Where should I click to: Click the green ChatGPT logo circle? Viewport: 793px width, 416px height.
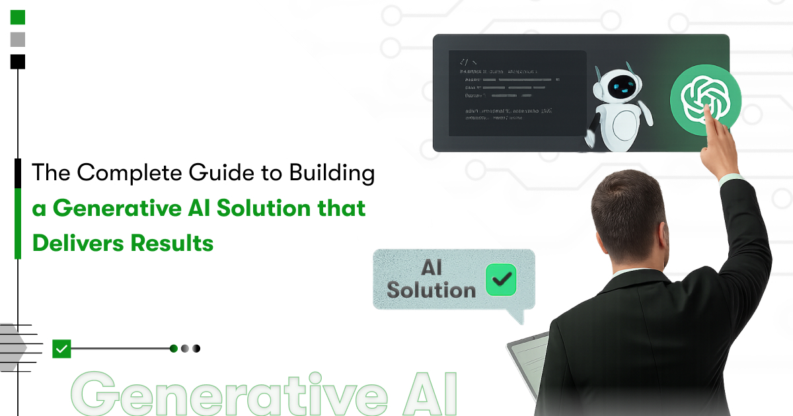[704, 100]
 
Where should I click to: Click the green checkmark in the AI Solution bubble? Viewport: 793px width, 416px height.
[501, 279]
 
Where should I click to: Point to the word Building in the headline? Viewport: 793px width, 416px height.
[332, 174]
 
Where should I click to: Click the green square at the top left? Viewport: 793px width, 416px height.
[18, 17]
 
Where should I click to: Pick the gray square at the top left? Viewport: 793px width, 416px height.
[18, 40]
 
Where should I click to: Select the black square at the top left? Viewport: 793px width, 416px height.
[18, 61]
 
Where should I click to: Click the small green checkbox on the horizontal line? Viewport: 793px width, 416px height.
[61, 348]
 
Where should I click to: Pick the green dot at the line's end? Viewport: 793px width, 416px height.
[174, 349]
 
